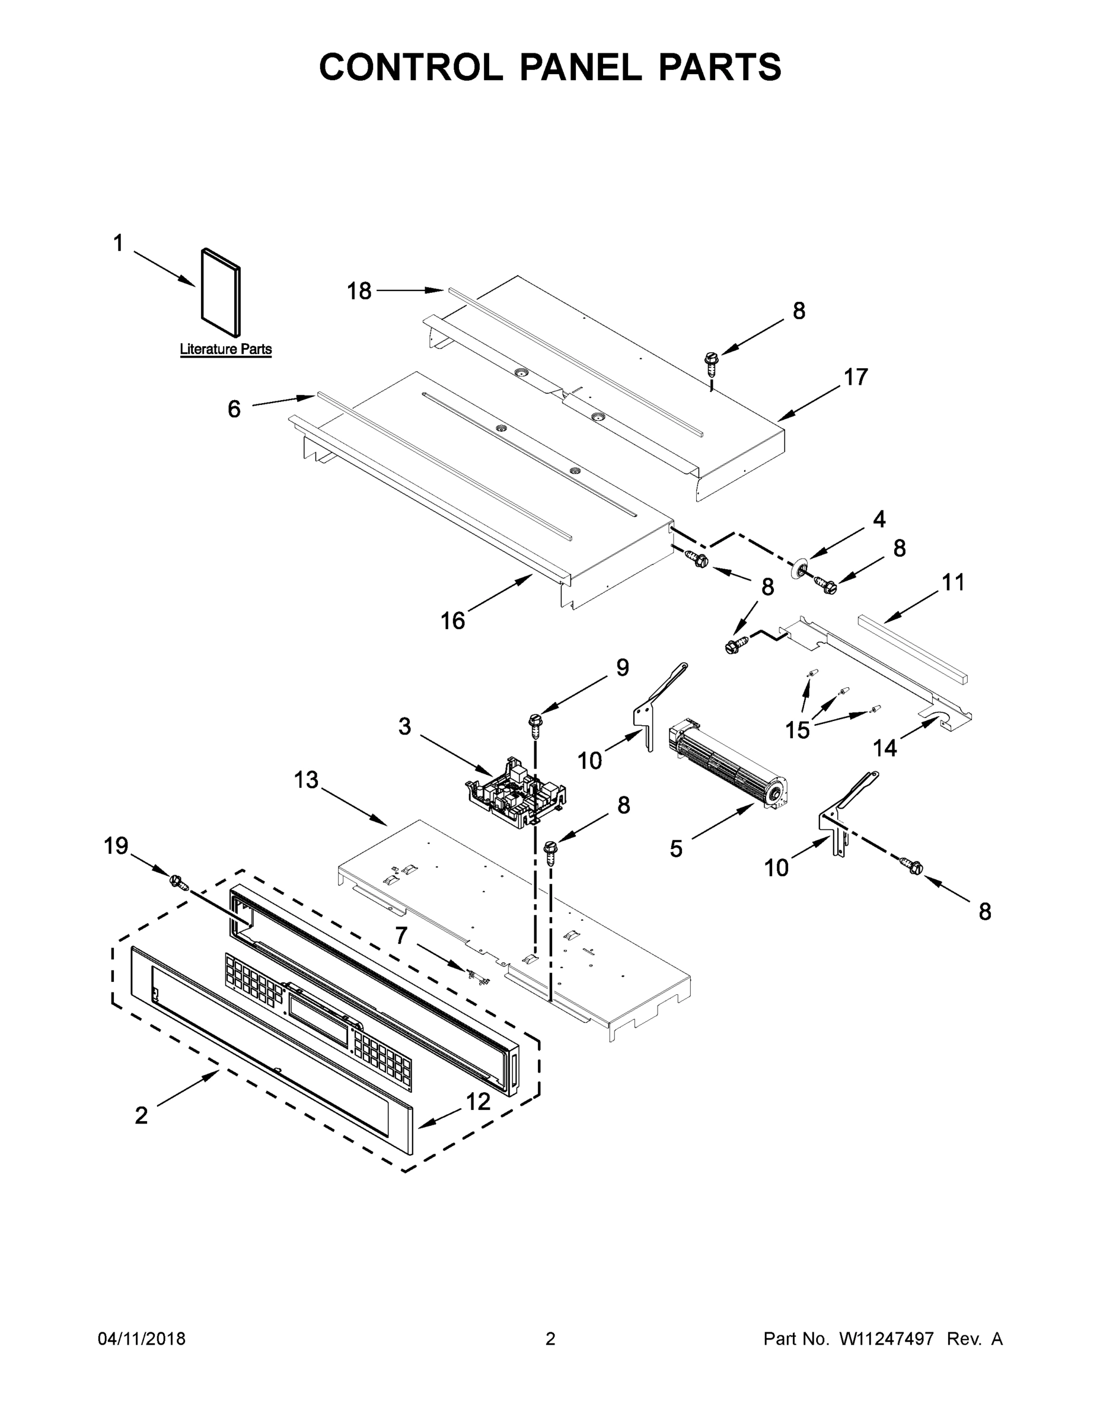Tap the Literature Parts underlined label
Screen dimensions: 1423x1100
[225, 349]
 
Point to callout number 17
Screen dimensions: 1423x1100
[856, 377]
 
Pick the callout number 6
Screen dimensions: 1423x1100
[234, 409]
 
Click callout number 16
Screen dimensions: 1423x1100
[452, 621]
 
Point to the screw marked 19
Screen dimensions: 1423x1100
[177, 882]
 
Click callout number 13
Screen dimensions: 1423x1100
[305, 779]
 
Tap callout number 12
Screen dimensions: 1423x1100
[478, 1102]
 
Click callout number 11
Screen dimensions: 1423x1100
[953, 582]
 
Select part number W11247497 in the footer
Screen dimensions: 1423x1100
[887, 1339]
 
